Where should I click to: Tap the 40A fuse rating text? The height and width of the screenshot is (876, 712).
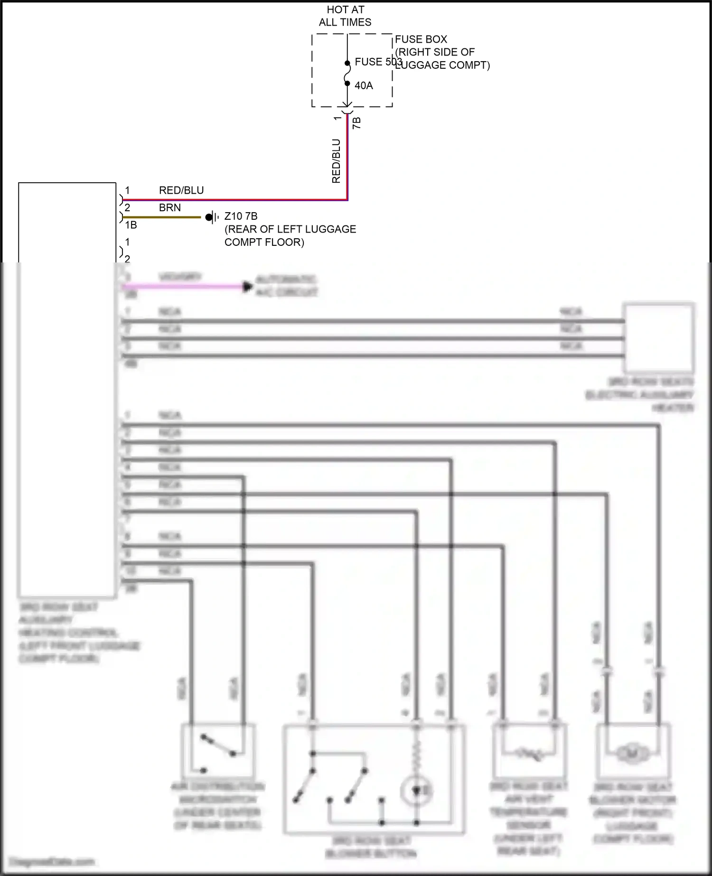pos(364,86)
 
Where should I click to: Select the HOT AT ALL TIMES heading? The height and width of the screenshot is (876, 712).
pos(345,16)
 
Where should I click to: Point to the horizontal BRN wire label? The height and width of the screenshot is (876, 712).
pos(169,208)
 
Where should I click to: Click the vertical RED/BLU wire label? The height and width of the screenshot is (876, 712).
pos(336,161)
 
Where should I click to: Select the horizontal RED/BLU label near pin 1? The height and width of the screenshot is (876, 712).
pos(181,190)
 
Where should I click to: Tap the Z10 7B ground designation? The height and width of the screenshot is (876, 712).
pos(241,216)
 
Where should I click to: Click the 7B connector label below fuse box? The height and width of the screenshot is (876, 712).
pos(357,123)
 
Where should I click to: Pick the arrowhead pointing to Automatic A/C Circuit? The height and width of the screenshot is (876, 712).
pos(247,287)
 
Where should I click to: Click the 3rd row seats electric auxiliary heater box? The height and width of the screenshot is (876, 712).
pos(658,337)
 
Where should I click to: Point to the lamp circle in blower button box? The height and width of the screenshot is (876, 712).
pos(416,791)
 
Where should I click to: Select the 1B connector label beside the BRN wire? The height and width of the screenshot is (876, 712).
pos(131,225)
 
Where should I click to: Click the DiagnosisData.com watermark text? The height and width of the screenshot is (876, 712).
pos(52,861)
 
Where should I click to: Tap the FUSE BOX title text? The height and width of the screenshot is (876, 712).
pos(421,39)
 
